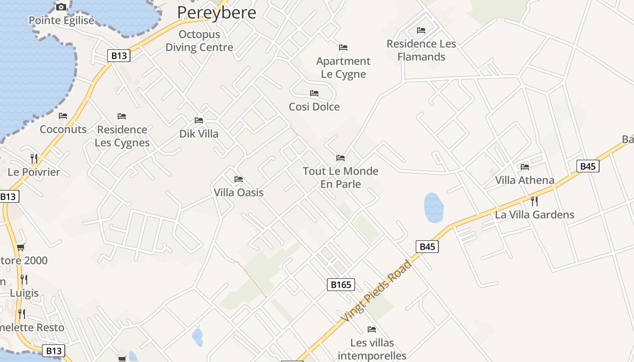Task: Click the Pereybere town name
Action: coord(216,12)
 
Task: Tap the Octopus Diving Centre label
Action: coord(199,41)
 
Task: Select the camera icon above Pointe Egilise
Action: coord(61,7)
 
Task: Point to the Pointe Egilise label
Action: coord(62,20)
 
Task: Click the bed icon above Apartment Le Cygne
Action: coord(343,48)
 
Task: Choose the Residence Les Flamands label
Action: coord(421,50)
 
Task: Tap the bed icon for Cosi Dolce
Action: coord(314,93)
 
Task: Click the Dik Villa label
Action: coord(199,133)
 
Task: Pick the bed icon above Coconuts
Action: coord(63,116)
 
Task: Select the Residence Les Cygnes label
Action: coord(122,136)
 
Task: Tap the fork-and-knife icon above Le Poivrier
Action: coord(34,158)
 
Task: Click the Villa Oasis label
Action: coord(239,192)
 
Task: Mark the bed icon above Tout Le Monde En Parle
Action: coord(341,158)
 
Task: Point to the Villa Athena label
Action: coord(524,180)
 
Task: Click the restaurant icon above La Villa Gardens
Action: coord(534,201)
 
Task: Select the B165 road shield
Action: coord(341,285)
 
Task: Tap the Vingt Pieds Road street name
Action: coord(377,291)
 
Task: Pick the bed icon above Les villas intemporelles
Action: coord(372,329)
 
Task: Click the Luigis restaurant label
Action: coord(24,293)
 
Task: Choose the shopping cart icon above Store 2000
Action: coord(20,247)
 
